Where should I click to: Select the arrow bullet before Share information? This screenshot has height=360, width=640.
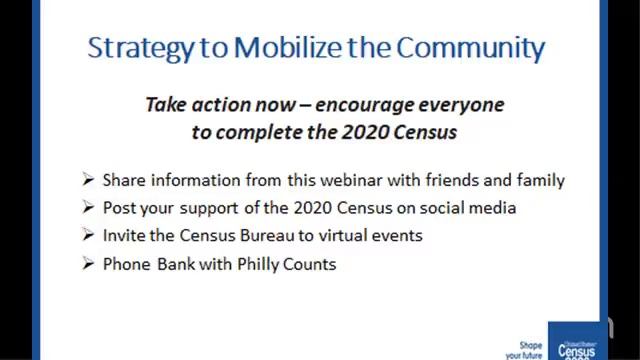(x=89, y=181)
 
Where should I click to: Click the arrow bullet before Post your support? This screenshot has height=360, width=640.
(x=89, y=209)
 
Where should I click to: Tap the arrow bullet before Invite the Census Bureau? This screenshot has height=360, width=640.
(x=89, y=237)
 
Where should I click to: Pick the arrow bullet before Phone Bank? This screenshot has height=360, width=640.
(x=89, y=265)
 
